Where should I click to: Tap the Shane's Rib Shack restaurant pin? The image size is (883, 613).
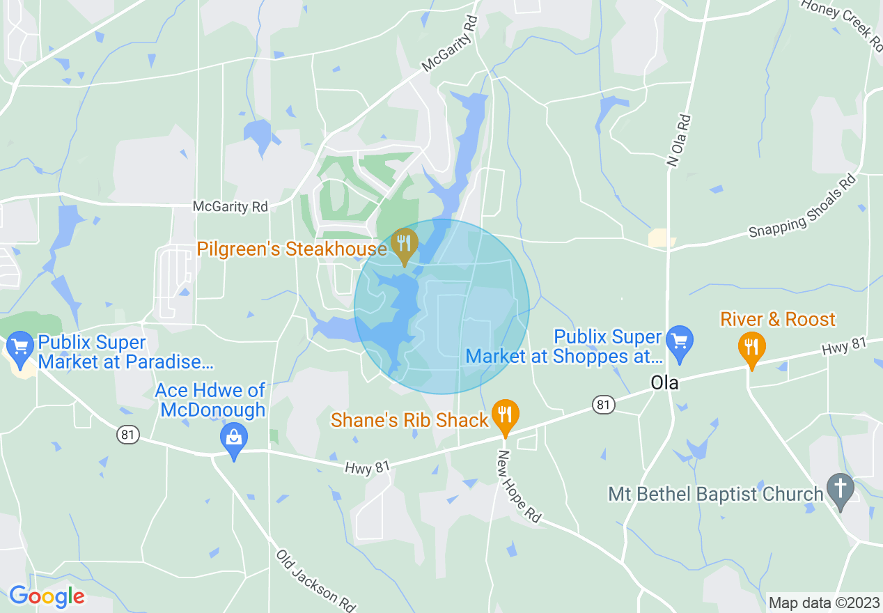(x=505, y=415)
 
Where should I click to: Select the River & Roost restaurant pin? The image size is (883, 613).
(x=751, y=346)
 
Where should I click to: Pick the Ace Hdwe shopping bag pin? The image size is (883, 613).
(x=234, y=439)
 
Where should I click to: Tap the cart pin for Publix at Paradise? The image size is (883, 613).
(x=19, y=346)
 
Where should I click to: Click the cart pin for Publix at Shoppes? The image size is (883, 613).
(x=679, y=341)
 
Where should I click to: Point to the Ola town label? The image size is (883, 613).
(x=664, y=382)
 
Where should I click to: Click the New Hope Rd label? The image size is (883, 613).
(x=518, y=486)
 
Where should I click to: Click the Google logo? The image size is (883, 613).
(x=47, y=596)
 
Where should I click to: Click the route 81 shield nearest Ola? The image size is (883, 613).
(x=603, y=404)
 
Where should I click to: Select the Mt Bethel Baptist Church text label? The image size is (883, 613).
(x=715, y=495)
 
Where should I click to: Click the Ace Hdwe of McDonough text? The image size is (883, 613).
(x=210, y=400)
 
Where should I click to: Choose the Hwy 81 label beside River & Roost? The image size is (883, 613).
(x=843, y=346)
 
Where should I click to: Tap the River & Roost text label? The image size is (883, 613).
(x=777, y=320)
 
